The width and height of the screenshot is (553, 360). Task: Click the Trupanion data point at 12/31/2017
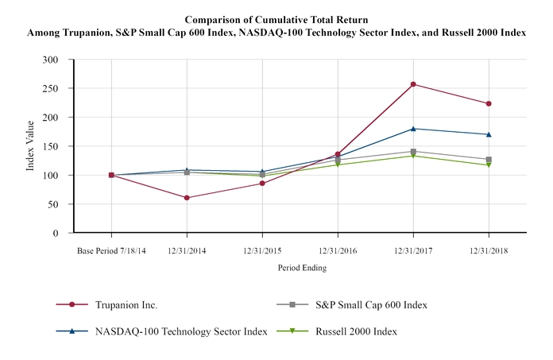click(x=413, y=84)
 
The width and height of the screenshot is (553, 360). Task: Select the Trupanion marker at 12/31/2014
click(x=187, y=198)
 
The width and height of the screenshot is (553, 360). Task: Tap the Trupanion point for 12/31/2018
click(x=489, y=103)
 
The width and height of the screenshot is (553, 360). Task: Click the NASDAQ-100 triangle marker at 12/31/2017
click(x=413, y=129)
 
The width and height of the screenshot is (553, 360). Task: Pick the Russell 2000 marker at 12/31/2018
click(x=489, y=165)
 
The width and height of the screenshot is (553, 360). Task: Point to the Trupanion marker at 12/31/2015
click(x=262, y=184)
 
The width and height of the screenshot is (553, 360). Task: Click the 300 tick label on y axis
click(x=52, y=60)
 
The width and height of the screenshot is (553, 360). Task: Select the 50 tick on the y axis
click(x=54, y=204)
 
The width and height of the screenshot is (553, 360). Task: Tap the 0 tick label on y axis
click(x=56, y=233)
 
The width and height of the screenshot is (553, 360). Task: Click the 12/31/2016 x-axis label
click(x=338, y=251)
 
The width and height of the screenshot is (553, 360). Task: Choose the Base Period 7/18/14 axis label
click(x=111, y=251)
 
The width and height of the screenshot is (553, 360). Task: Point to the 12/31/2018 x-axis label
click(x=489, y=251)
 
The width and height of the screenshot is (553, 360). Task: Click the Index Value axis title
click(x=30, y=145)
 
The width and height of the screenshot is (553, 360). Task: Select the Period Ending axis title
click(x=302, y=268)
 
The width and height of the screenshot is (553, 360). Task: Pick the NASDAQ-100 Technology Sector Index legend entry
click(x=178, y=331)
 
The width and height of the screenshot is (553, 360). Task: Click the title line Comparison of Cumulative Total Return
click(x=276, y=18)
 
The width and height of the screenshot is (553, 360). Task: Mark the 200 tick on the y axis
click(x=52, y=118)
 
